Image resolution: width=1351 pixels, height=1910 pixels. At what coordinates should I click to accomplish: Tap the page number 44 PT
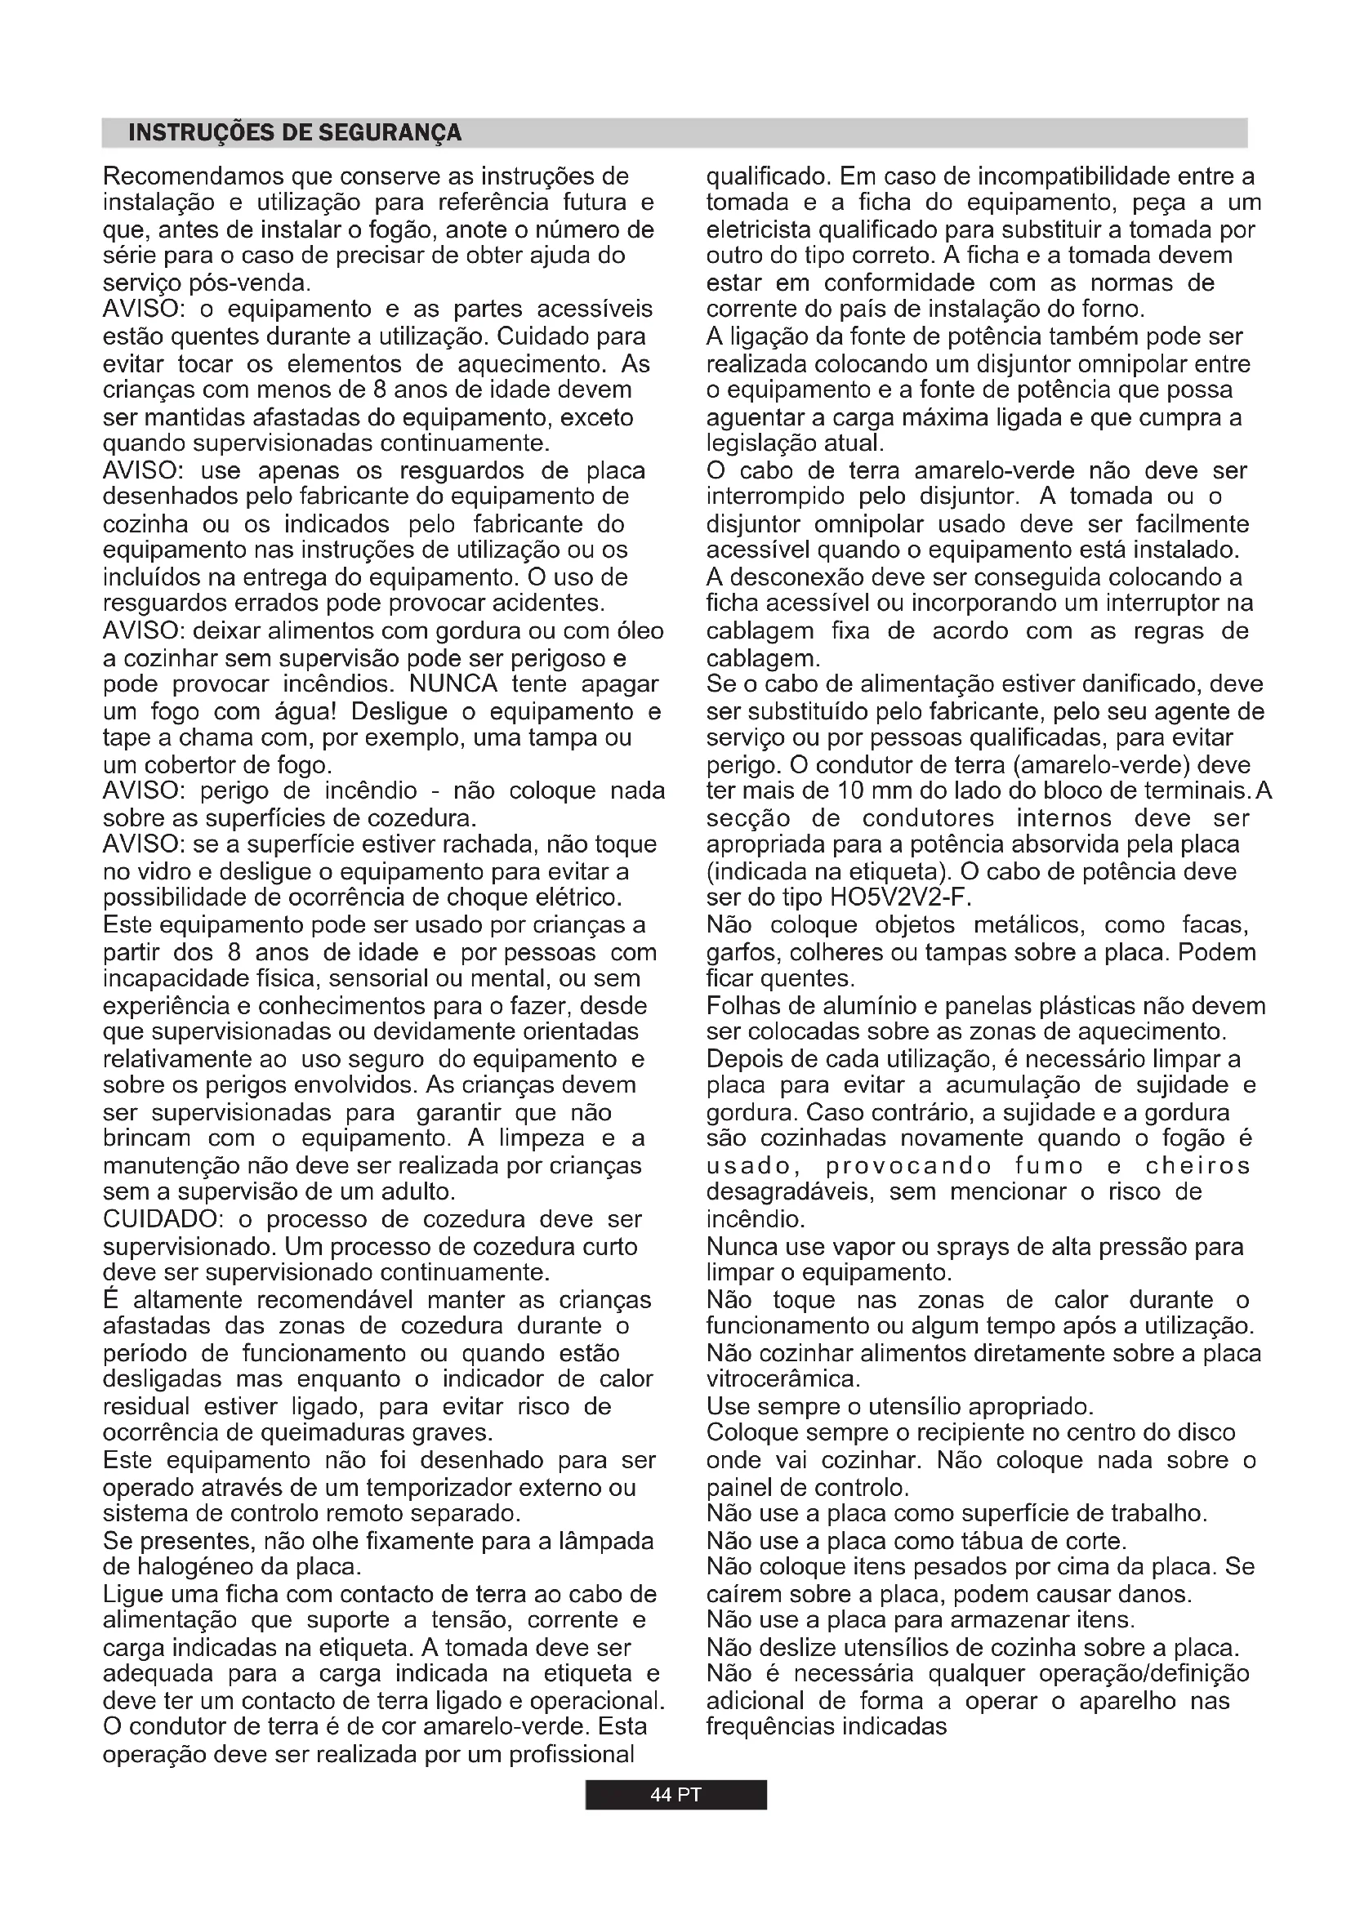[675, 1795]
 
